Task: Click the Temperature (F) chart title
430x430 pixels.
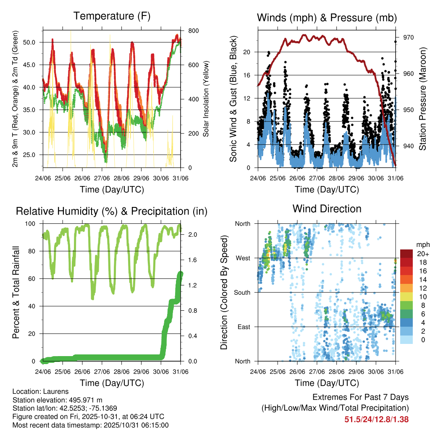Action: [112, 16]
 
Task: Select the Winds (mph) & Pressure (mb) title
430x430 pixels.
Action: [327, 18]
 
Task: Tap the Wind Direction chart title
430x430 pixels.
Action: [327, 209]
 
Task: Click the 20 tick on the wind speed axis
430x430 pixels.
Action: [247, 52]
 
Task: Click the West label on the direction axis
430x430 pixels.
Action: [243, 258]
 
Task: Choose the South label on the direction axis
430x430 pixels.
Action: [242, 292]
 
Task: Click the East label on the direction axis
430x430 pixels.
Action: [244, 327]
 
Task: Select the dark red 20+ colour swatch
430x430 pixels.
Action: [407, 254]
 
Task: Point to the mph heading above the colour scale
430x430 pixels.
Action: [422, 244]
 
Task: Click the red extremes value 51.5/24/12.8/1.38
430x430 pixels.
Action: [377, 419]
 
